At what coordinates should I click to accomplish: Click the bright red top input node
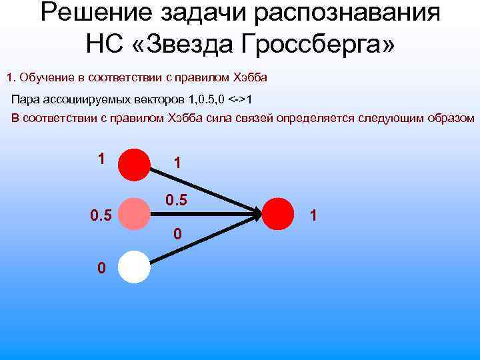pyautogui.click(x=135, y=165)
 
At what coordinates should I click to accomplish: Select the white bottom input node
pyautogui.click(x=135, y=267)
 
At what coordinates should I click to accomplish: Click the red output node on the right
pyautogui.click(x=279, y=214)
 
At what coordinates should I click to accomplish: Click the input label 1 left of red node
pyautogui.click(x=101, y=159)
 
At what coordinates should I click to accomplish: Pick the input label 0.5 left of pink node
pyautogui.click(x=100, y=215)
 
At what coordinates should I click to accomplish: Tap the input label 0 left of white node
pyautogui.click(x=101, y=268)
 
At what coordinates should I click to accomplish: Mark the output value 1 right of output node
pyautogui.click(x=314, y=215)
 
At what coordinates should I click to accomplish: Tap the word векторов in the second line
pyautogui.click(x=158, y=100)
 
